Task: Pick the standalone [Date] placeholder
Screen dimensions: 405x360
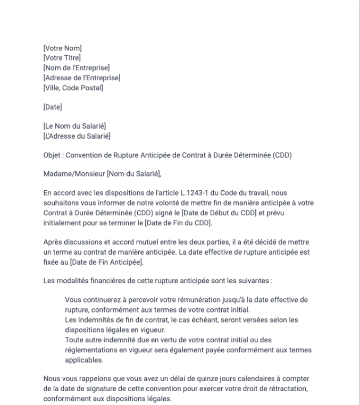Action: click(53, 107)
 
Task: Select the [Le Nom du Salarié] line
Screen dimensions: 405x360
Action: click(74, 126)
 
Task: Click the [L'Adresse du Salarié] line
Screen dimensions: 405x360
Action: click(77, 136)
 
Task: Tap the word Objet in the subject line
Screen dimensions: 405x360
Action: click(52, 155)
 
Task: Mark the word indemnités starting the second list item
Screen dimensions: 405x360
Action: click(96, 320)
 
